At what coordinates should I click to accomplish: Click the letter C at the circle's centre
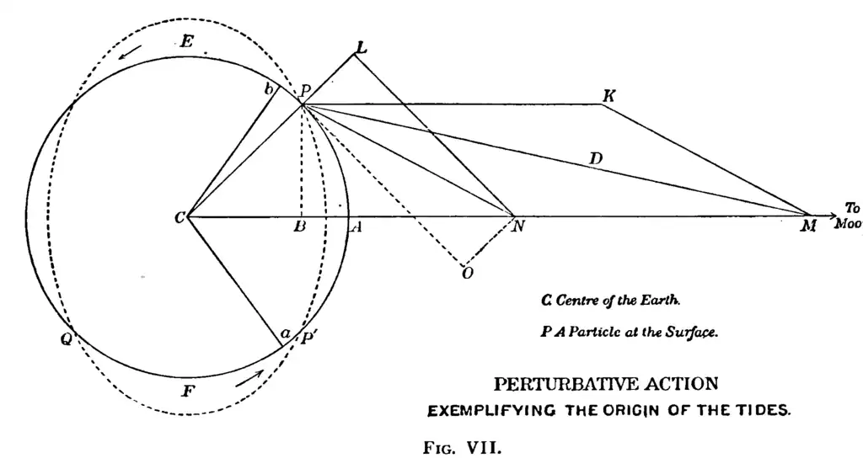(179, 218)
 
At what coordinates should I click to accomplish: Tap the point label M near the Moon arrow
(809, 227)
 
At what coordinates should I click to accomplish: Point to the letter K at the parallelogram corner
(608, 96)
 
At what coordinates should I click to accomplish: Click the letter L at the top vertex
(361, 49)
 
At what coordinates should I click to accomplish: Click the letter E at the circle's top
(186, 40)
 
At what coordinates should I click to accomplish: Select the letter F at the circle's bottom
(188, 391)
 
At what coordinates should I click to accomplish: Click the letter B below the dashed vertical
(299, 227)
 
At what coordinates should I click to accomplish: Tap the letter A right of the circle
(356, 227)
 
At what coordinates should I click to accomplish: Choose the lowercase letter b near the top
(270, 90)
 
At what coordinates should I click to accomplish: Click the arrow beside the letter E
(130, 52)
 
